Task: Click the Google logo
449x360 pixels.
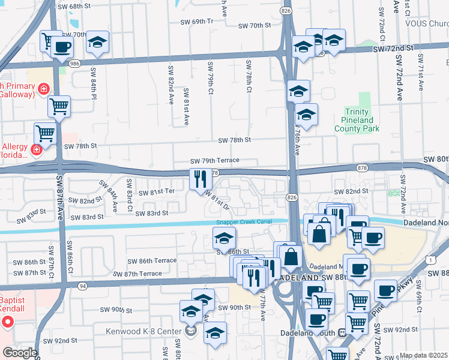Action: click(x=19, y=353)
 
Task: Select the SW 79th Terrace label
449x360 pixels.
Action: click(x=215, y=161)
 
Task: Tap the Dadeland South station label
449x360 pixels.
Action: click(x=306, y=332)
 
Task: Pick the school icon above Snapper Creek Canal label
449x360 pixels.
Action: click(x=224, y=238)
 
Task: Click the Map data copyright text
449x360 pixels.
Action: click(x=424, y=355)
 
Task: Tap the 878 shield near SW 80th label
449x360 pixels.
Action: click(x=361, y=168)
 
